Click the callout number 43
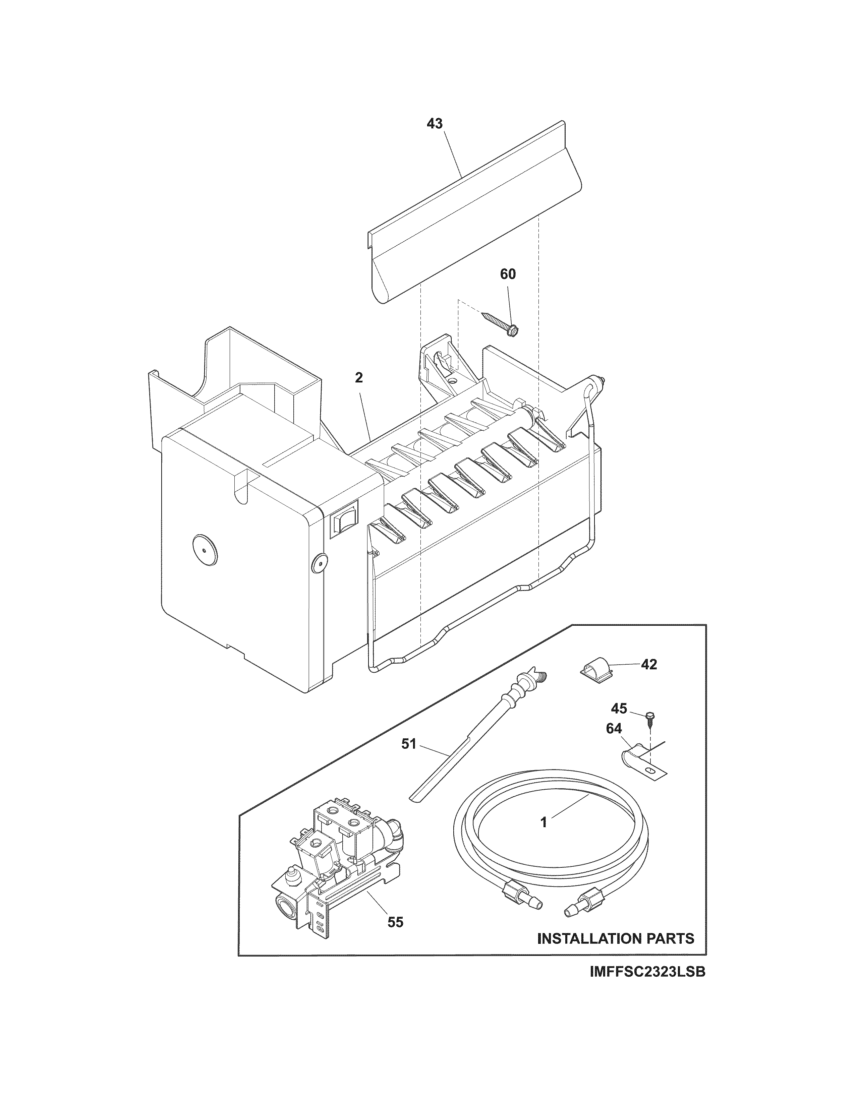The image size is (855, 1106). click(435, 124)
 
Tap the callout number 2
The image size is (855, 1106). click(359, 378)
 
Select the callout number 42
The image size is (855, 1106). click(649, 664)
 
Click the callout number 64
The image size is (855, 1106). click(614, 729)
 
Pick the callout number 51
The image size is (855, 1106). click(408, 744)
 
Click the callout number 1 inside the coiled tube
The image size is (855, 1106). click(544, 822)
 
